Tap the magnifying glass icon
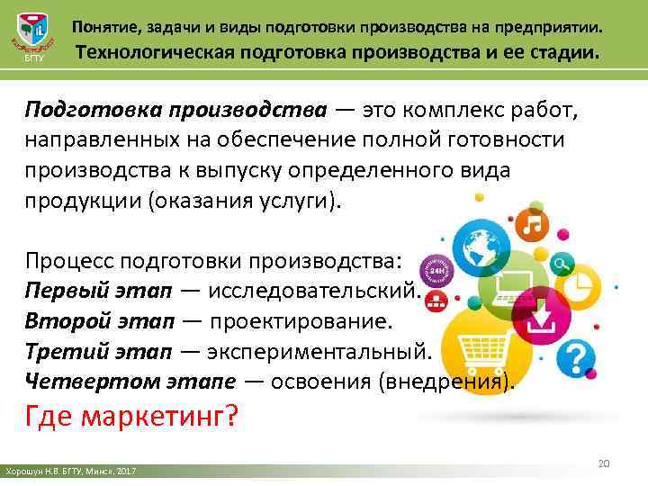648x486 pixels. pos(563,265)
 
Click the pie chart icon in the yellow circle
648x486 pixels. pos(582,287)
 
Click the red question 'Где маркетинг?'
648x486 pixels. pos(130,418)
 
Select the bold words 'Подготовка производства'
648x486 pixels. pos(175,110)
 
